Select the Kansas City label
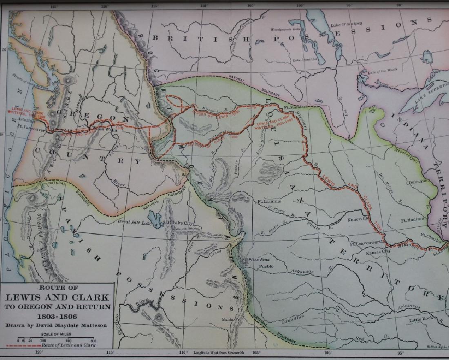tap(378, 252)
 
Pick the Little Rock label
tap(422, 320)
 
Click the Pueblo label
tap(267, 266)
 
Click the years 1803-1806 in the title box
tap(57, 316)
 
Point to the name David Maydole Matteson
tap(57, 326)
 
